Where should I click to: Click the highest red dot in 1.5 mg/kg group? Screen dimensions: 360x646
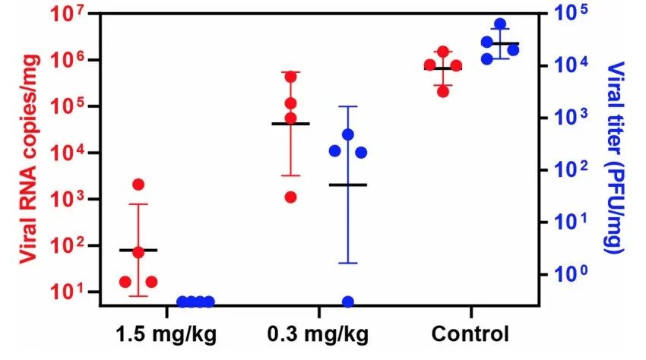(x=138, y=185)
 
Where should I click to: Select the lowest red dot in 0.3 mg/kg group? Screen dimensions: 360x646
(x=290, y=197)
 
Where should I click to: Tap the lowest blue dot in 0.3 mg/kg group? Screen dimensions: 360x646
(x=348, y=302)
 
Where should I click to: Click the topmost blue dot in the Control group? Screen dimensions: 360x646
(x=500, y=25)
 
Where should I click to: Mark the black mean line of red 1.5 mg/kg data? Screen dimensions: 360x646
(x=138, y=250)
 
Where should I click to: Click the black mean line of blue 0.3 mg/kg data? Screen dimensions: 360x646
(x=348, y=185)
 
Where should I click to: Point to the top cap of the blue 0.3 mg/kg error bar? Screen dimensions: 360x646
(x=348, y=106)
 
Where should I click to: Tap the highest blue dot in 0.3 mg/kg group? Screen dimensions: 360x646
(x=348, y=134)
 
